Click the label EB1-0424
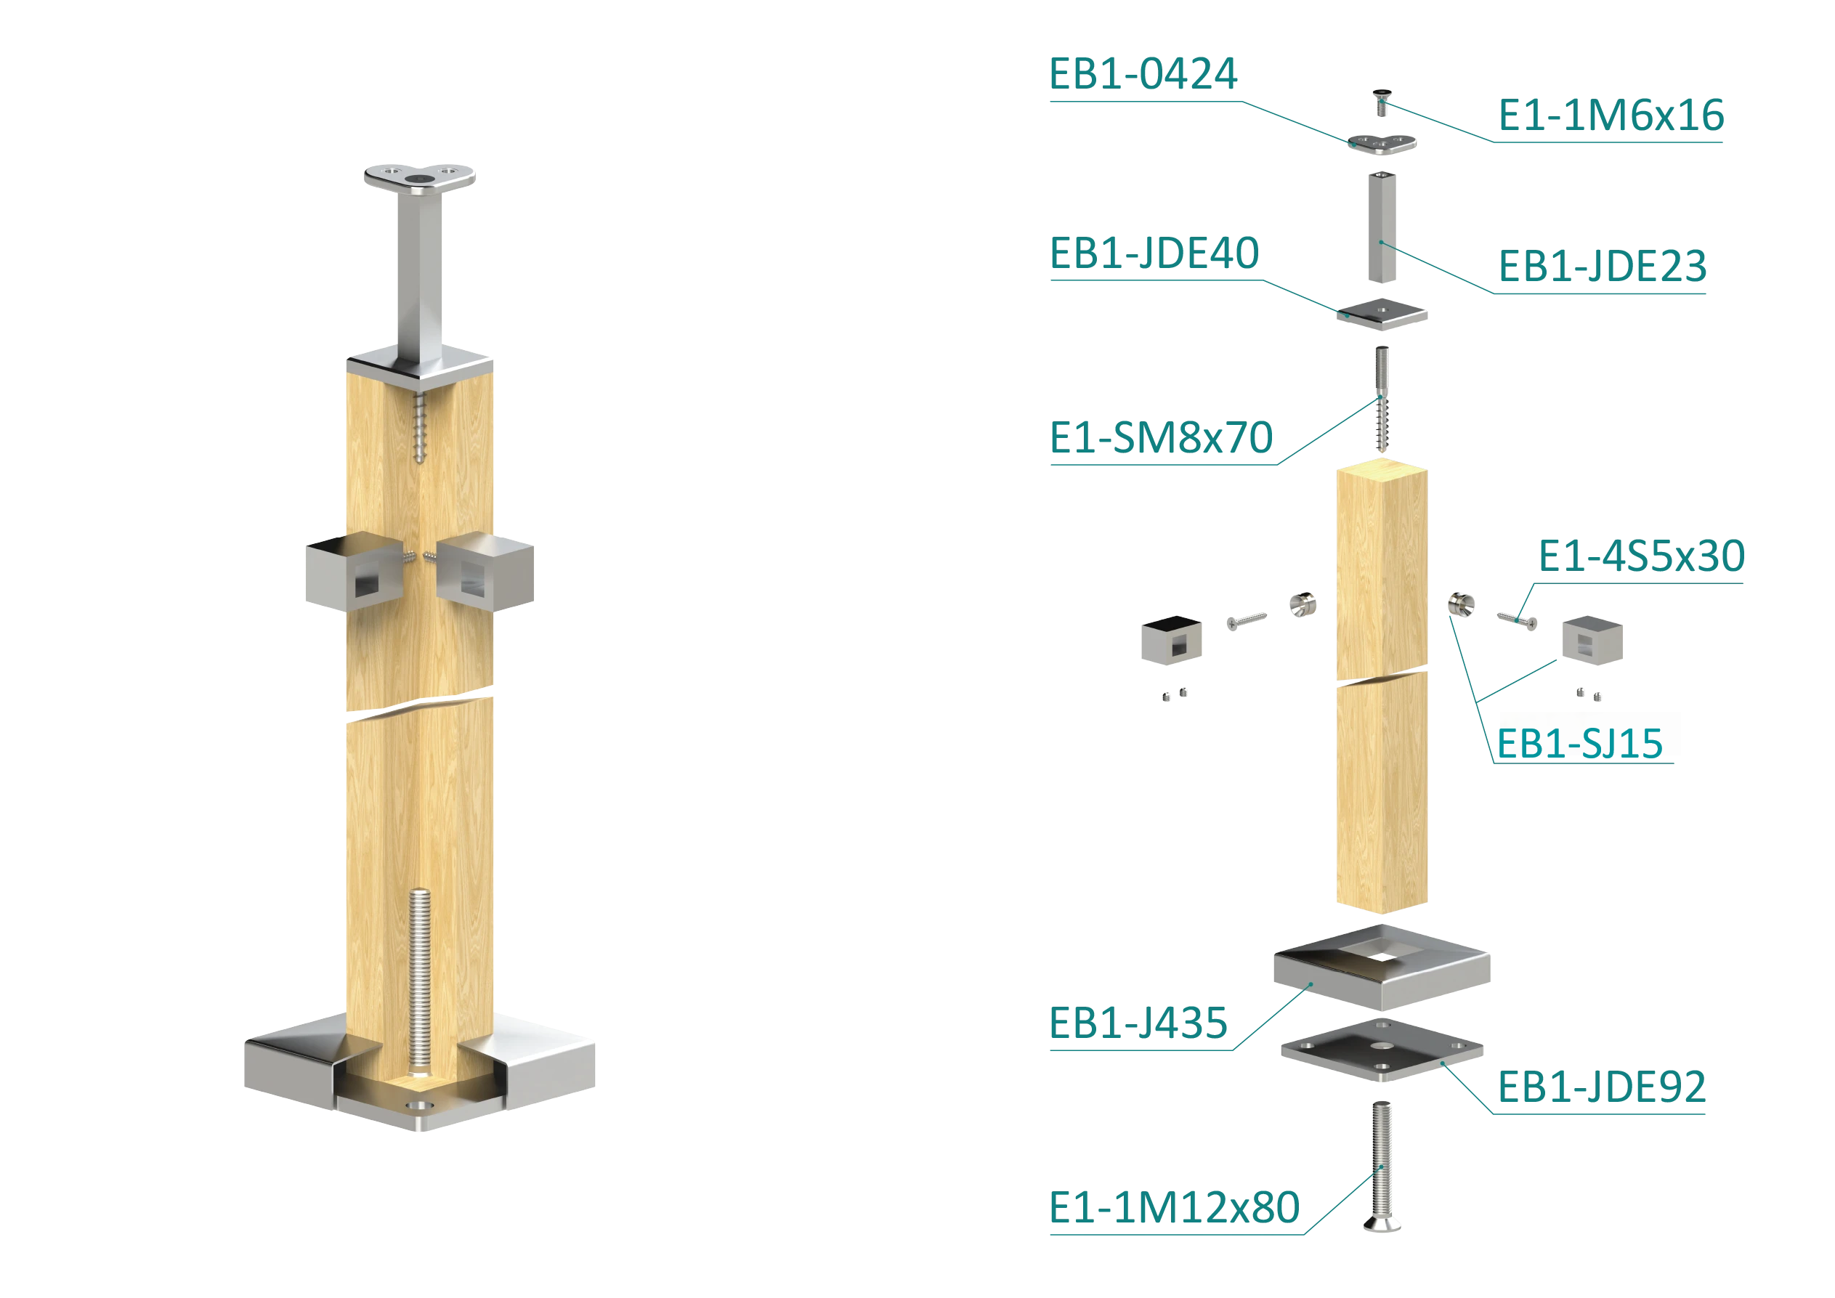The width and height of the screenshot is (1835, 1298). click(1143, 73)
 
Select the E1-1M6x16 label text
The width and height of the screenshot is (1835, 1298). click(1611, 115)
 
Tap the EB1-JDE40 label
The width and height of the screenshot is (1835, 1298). click(1154, 253)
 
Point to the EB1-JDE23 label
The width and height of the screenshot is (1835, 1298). click(1603, 266)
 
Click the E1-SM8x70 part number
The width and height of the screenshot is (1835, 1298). click(1162, 437)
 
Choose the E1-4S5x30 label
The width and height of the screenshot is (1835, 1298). click(1642, 556)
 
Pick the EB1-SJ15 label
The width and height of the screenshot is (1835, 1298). click(1580, 743)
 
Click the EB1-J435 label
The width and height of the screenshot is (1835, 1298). click(1138, 1023)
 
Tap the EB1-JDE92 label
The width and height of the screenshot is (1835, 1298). click(1602, 1087)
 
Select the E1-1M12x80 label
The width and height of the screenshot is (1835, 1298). click(1174, 1207)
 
